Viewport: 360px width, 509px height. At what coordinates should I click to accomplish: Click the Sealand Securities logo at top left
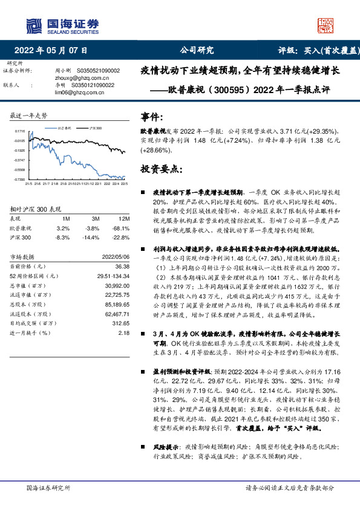point(61,25)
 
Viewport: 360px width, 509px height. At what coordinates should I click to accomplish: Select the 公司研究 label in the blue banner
point(197,51)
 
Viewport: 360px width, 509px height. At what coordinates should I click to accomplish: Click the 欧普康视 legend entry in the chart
point(65,128)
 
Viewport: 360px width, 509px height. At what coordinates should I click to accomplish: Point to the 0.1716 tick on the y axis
point(20,131)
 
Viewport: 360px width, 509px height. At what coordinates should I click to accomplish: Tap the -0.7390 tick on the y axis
point(19,180)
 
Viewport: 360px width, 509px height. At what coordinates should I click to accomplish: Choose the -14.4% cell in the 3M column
point(93,238)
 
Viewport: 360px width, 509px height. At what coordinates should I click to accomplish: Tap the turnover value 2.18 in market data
point(123,332)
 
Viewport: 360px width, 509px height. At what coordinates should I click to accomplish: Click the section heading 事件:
point(152,117)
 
